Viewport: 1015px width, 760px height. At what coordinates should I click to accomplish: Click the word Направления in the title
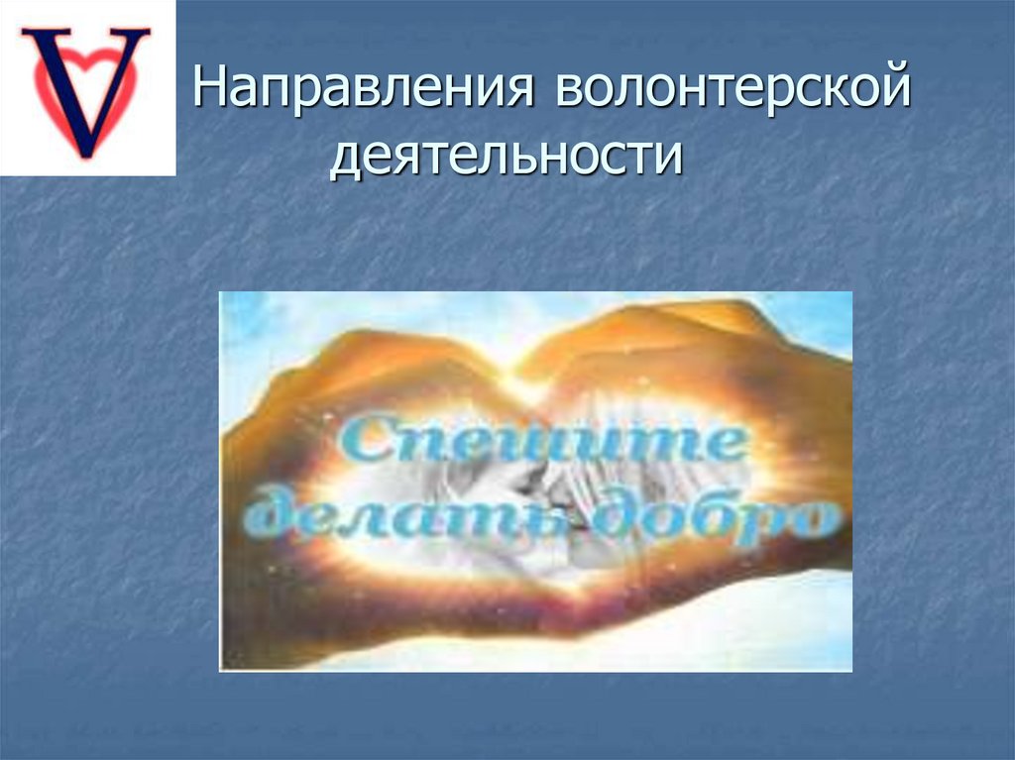click(x=365, y=88)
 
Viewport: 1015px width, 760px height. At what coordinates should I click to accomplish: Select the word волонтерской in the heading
click(x=733, y=88)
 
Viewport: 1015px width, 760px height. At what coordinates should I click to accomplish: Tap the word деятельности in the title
click(x=507, y=156)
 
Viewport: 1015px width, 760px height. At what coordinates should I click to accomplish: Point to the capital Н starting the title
click(x=211, y=86)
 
